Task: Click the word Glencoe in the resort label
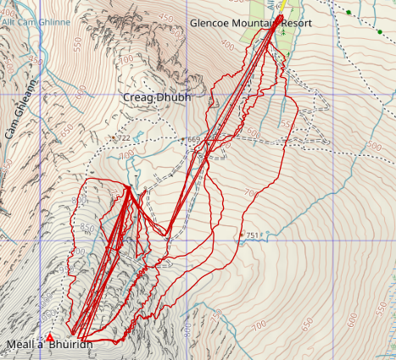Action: tap(212, 22)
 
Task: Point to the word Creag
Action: tap(140, 98)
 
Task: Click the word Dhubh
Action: tap(175, 98)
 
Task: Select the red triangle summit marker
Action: tap(49, 336)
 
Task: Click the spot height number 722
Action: tap(124, 137)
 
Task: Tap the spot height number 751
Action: tap(252, 235)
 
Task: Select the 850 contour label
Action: tap(86, 229)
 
